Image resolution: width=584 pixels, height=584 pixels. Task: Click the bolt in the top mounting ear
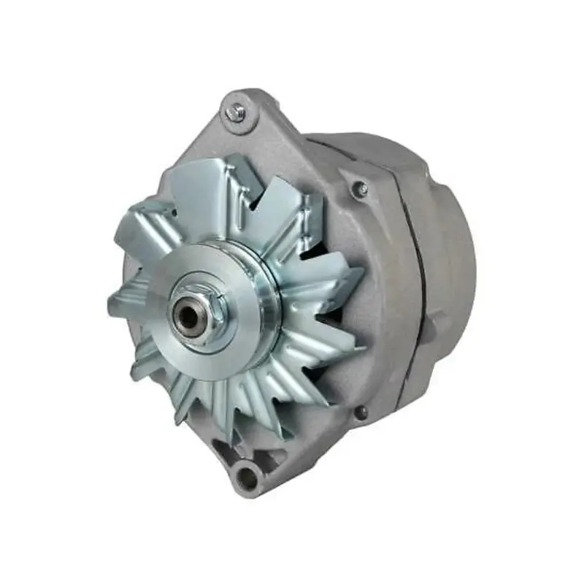[x=235, y=112]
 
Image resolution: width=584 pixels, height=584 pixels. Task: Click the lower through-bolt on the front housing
[x=361, y=413]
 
